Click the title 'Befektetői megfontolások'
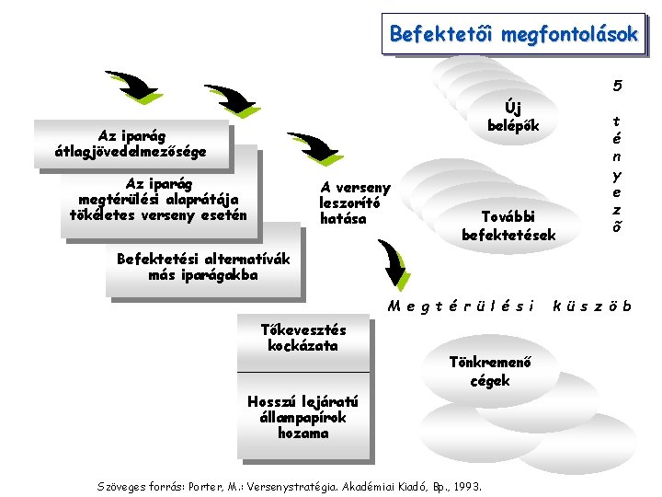pyautogui.click(x=513, y=34)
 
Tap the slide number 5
pyautogui.click(x=618, y=87)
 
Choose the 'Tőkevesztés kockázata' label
pyautogui.click(x=303, y=338)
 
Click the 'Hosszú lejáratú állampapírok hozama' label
pyautogui.click(x=303, y=417)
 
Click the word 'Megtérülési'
pyautogui.click(x=461, y=306)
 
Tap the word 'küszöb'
pyautogui.click(x=592, y=306)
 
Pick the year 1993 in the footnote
pyautogui.click(x=468, y=485)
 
